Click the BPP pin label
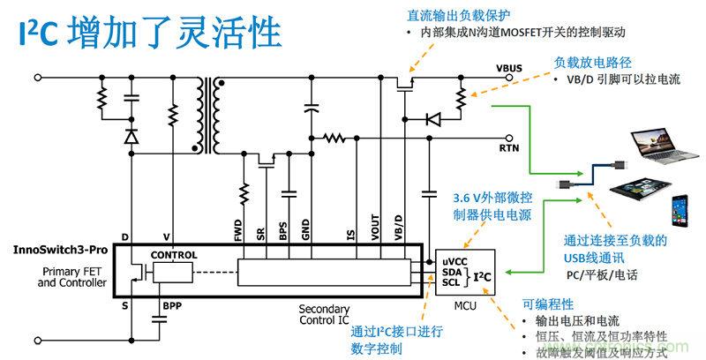173,307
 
